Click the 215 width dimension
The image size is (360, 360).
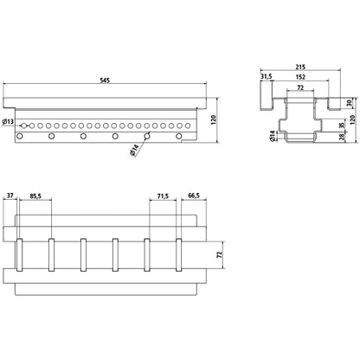coord(301,67)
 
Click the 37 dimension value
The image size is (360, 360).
coord(11,196)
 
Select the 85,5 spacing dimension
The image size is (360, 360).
coord(37,196)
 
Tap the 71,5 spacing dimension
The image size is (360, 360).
coord(164,196)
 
